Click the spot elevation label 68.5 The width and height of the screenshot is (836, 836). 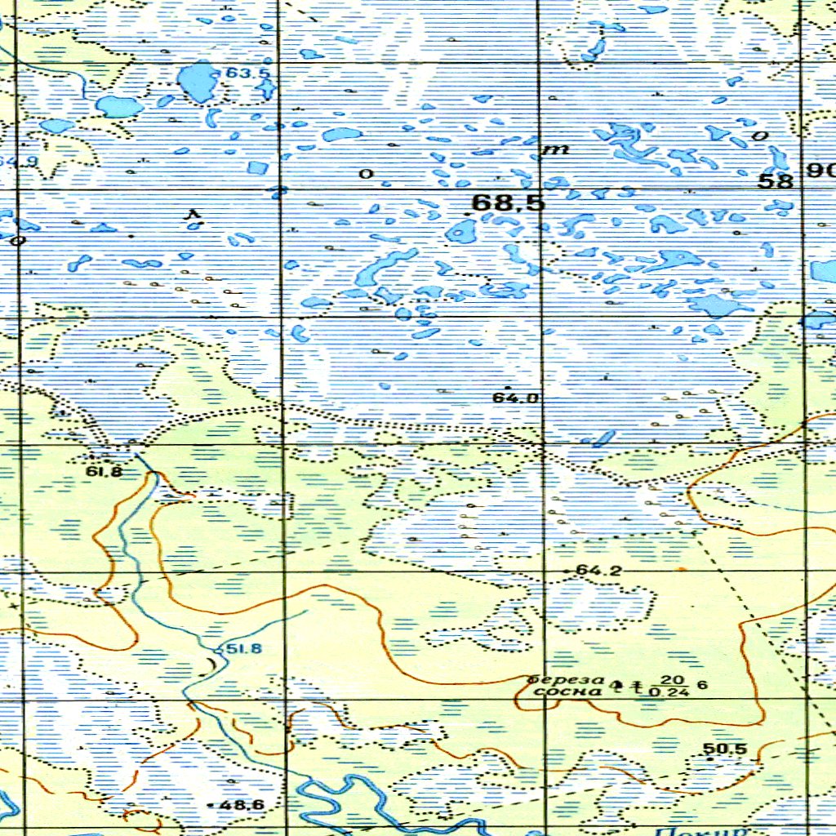(508, 202)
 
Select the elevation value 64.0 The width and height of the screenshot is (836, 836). (515, 398)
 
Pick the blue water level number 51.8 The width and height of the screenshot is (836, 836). (244, 649)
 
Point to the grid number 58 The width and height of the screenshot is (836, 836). (775, 181)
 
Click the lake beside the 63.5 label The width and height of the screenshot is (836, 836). (197, 82)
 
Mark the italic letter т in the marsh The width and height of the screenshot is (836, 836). (558, 150)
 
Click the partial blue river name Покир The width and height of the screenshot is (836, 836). (702, 830)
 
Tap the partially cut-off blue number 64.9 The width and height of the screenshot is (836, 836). (20, 161)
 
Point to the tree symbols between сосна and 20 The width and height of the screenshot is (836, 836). (629, 686)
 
